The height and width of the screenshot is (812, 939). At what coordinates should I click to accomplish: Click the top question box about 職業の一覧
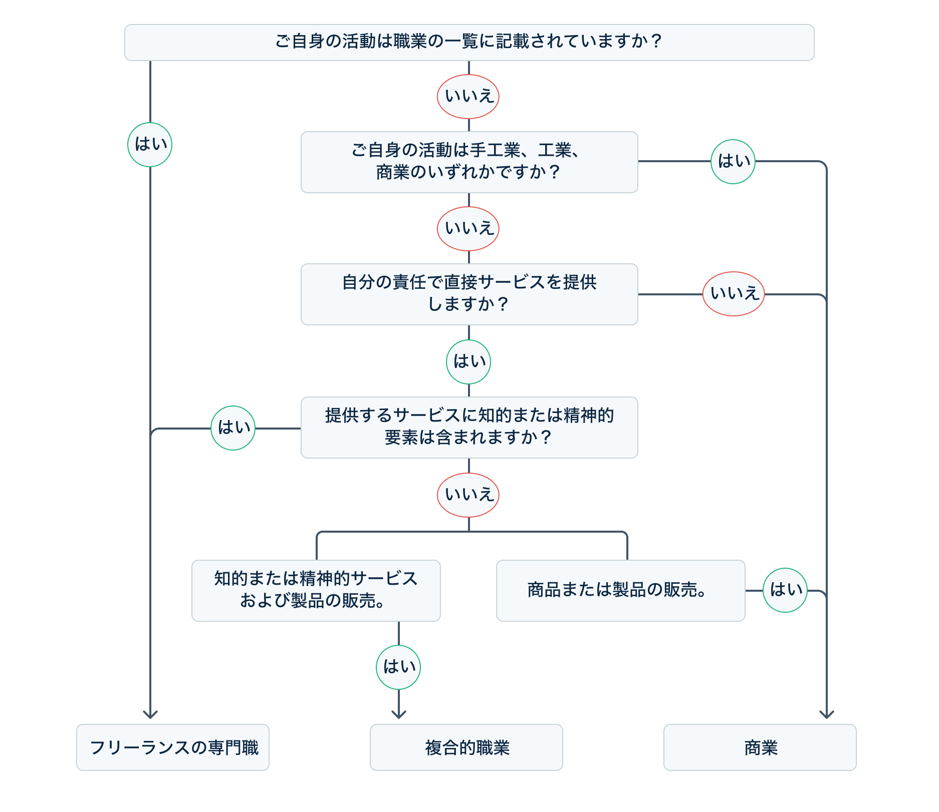pyautogui.click(x=469, y=43)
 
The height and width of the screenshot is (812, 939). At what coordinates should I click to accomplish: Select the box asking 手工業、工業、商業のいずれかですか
pyautogui.click(x=469, y=162)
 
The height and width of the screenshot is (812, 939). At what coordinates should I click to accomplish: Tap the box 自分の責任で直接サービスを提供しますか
pyautogui.click(x=469, y=294)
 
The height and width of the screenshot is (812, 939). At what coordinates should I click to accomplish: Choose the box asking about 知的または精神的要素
pyautogui.click(x=469, y=427)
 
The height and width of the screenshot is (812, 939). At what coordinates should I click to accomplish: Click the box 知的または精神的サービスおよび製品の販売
pyautogui.click(x=316, y=590)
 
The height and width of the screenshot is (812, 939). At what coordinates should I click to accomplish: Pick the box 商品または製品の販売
pyautogui.click(x=620, y=590)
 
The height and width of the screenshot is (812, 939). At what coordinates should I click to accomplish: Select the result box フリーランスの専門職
pyautogui.click(x=172, y=747)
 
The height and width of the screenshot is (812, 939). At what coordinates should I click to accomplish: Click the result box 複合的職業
pyautogui.click(x=466, y=747)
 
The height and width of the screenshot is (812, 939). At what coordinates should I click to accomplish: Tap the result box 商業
pyautogui.click(x=760, y=747)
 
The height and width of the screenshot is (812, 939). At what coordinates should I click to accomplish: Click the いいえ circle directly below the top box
pyautogui.click(x=468, y=97)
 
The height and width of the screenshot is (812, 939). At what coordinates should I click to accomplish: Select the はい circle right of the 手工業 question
pyautogui.click(x=733, y=162)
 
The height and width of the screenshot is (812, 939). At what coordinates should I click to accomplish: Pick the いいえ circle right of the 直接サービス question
pyautogui.click(x=734, y=294)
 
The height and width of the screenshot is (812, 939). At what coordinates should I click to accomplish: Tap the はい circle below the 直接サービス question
pyautogui.click(x=468, y=362)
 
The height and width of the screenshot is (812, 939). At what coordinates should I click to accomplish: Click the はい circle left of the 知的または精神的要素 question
pyautogui.click(x=233, y=428)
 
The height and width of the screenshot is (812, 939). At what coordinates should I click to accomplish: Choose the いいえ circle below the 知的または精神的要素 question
pyautogui.click(x=468, y=495)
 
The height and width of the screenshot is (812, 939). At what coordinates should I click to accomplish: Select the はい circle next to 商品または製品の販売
pyautogui.click(x=785, y=590)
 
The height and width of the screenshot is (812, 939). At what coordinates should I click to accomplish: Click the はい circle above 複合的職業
pyautogui.click(x=398, y=667)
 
